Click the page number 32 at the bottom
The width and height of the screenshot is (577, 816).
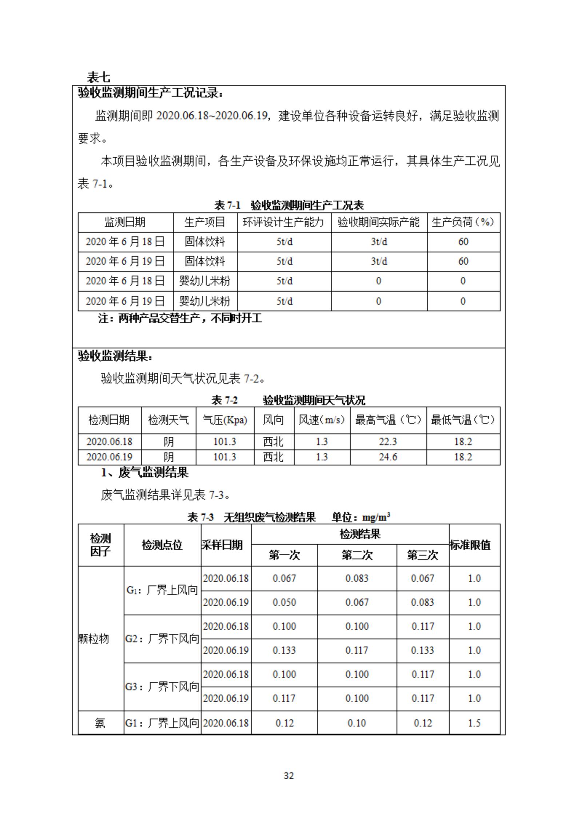288,776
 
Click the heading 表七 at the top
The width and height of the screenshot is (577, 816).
98,77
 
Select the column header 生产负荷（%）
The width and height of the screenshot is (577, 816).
463,222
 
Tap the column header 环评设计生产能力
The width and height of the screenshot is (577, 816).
283,222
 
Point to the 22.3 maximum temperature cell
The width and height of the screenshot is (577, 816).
387,441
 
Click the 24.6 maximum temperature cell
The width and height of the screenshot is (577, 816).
387,457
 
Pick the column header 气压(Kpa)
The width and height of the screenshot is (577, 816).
225,420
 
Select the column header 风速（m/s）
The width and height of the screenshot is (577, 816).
322,420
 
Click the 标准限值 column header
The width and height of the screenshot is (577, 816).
470,545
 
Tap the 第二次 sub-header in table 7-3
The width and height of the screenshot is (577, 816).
357,555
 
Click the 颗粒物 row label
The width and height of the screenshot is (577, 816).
94,639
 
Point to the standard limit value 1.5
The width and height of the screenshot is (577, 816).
474,723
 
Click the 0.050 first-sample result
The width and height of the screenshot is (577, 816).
284,602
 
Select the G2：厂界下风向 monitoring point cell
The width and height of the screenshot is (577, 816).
162,639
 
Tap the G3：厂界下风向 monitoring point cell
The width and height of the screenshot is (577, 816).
162,687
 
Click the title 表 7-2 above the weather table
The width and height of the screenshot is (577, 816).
224,400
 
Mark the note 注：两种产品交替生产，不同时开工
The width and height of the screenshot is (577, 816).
180,318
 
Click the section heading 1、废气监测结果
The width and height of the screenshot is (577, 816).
144,472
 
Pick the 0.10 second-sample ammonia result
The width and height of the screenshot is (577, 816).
357,723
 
